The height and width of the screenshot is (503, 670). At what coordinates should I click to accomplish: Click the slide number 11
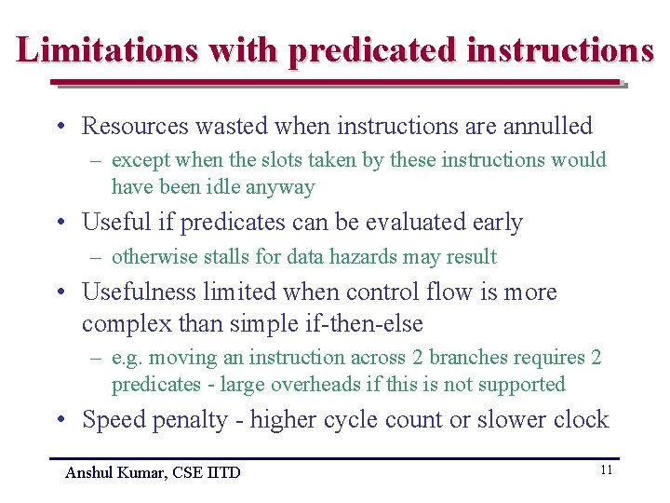tap(606, 470)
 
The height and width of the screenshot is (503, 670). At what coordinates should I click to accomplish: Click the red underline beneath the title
tap(335, 83)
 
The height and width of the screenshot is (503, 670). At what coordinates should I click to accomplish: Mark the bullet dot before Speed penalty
tap(60, 421)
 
